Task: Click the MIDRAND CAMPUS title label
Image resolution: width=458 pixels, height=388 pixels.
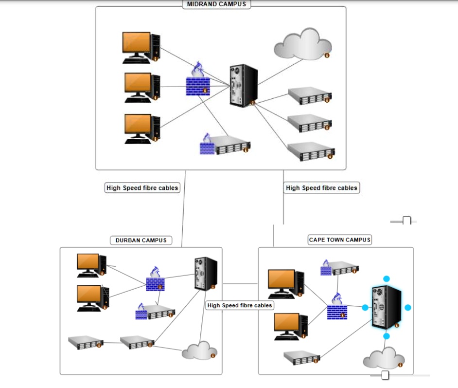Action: click(217, 4)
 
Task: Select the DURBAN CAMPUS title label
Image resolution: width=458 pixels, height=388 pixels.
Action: click(141, 240)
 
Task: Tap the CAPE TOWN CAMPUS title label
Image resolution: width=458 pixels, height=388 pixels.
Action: click(340, 240)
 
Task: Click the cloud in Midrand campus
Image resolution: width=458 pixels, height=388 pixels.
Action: click(302, 44)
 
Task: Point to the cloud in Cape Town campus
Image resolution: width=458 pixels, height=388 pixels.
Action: click(384, 359)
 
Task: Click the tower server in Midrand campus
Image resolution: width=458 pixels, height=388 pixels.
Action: click(243, 86)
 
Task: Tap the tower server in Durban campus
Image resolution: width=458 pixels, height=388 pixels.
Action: click(206, 274)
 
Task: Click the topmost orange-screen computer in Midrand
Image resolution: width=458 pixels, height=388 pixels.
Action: click(141, 47)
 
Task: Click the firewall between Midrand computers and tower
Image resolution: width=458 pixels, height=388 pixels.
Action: click(198, 81)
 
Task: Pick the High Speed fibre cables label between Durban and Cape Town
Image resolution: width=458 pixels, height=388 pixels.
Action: click(240, 305)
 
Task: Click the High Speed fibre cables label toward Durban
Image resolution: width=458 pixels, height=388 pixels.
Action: click(142, 187)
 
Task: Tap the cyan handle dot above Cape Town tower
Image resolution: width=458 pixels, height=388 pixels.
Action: click(387, 279)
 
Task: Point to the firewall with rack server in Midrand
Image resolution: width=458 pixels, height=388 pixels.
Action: click(225, 145)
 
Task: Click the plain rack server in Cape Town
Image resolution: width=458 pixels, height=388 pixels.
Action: click(302, 357)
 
